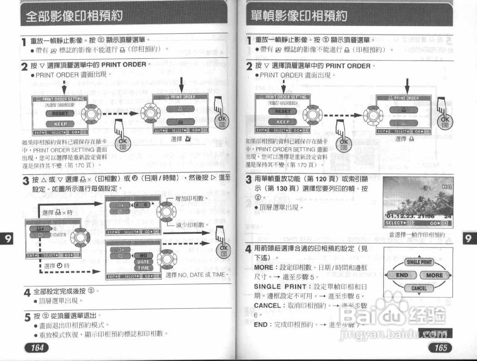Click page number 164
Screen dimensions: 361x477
37,348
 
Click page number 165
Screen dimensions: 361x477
440,348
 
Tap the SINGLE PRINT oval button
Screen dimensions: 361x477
419,262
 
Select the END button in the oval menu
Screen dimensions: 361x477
402,275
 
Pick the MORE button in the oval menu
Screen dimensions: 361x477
434,275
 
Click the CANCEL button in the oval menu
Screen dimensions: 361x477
419,288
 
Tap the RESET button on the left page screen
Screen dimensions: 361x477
60,113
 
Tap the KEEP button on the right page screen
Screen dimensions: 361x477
282,122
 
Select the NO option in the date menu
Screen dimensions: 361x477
143,256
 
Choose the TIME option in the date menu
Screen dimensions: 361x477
143,268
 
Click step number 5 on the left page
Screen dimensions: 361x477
27,317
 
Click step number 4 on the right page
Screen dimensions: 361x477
249,249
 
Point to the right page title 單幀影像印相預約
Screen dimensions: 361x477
299,16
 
